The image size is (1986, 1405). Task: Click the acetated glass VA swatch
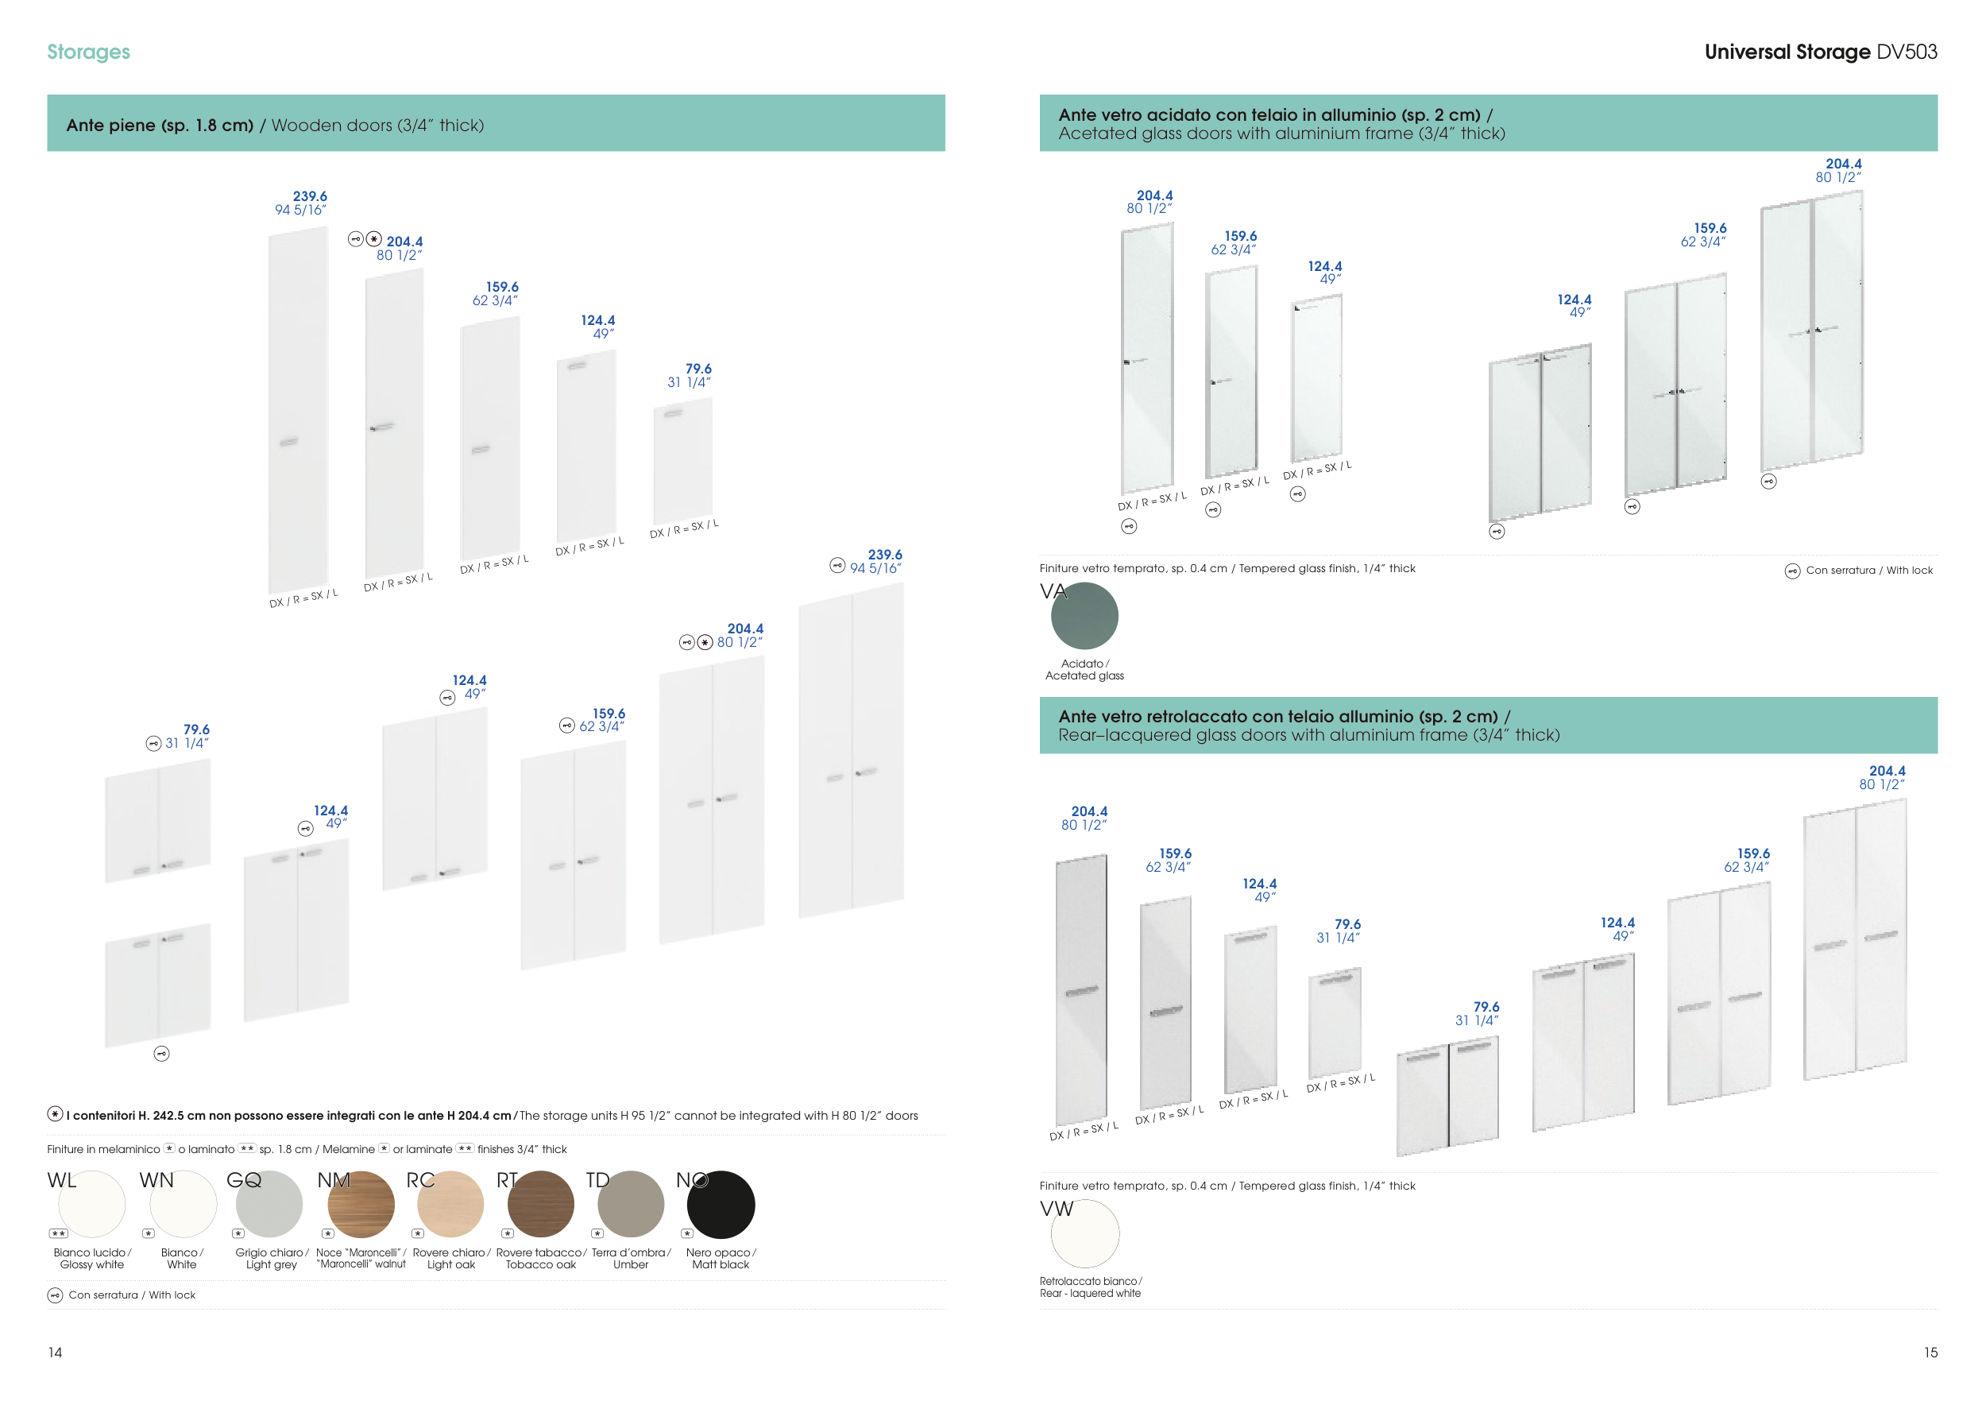click(x=1084, y=616)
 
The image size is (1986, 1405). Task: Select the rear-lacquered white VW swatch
click(x=1084, y=1233)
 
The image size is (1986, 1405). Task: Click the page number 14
click(x=56, y=1353)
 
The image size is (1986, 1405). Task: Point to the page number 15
click(x=1930, y=1353)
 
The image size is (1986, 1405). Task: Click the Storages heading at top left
click(x=88, y=52)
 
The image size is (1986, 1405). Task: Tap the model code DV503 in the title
click(x=1907, y=52)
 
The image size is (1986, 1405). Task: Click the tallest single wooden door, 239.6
click(x=298, y=411)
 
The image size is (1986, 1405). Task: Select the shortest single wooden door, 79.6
click(x=682, y=461)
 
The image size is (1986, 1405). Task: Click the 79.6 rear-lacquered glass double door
click(x=1447, y=1096)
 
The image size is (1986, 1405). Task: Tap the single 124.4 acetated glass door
click(x=1316, y=379)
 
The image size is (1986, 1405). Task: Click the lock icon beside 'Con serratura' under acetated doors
click(x=1792, y=571)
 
